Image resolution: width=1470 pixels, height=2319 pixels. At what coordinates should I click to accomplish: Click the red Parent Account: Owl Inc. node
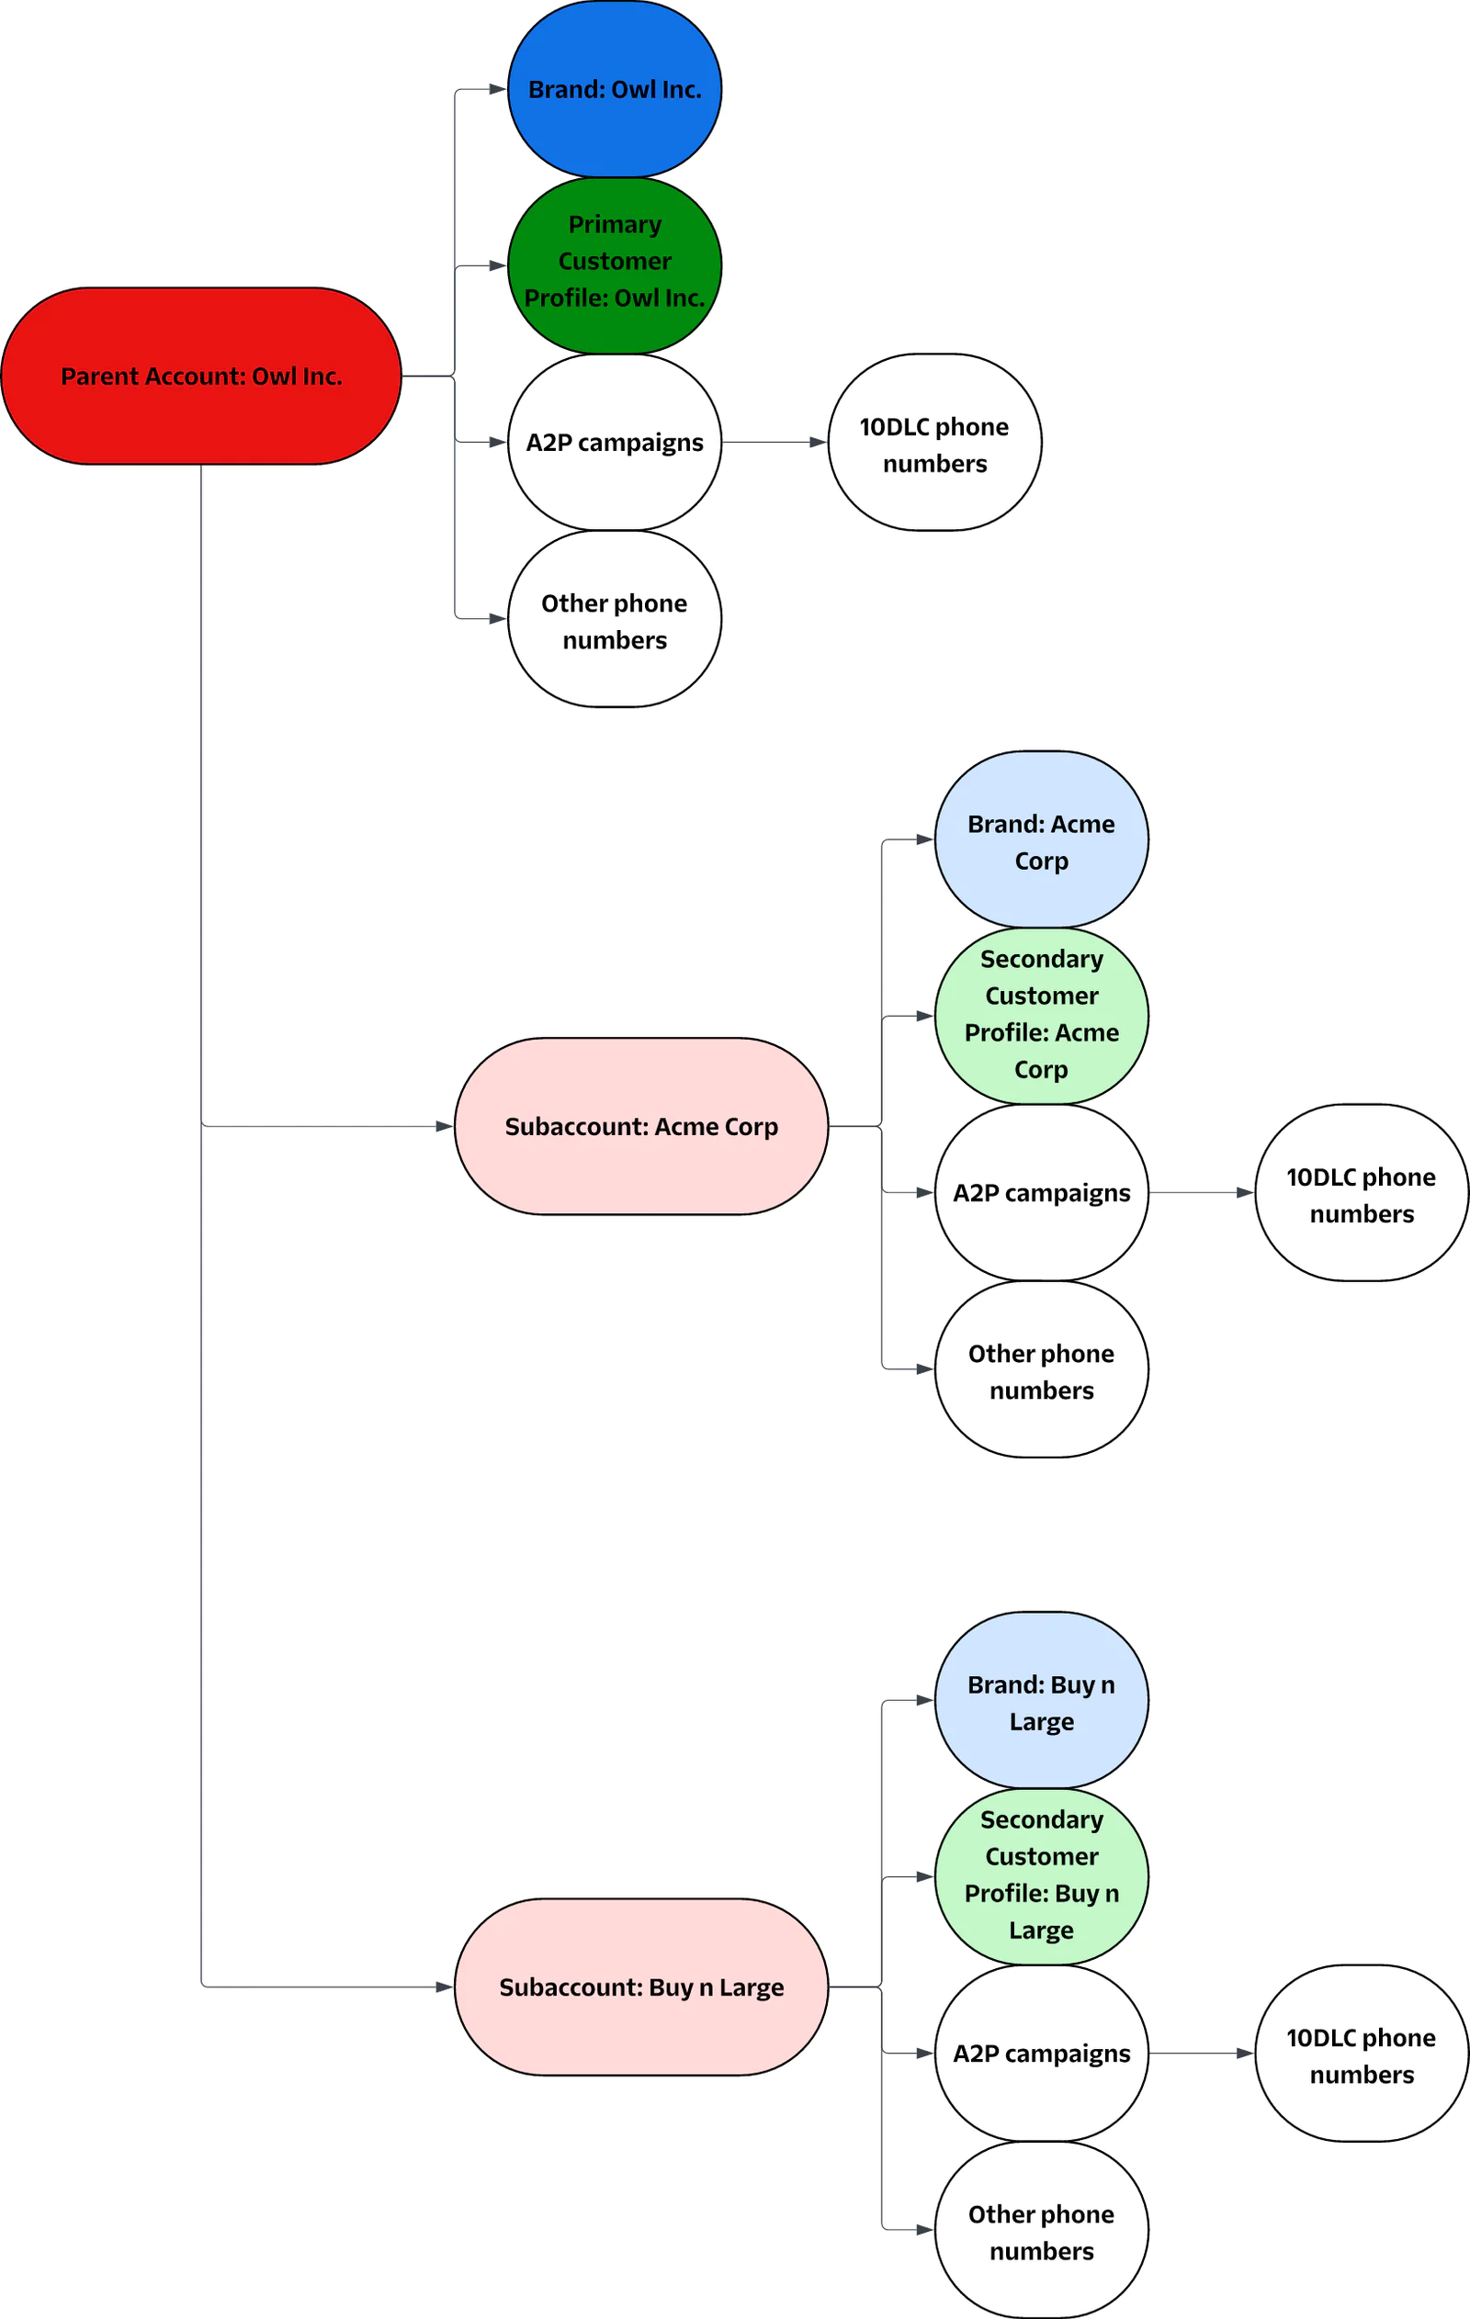pos(200,376)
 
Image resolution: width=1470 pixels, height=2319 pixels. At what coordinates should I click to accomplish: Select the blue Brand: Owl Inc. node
pos(615,88)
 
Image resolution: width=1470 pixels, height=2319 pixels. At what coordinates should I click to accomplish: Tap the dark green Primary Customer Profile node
pos(615,265)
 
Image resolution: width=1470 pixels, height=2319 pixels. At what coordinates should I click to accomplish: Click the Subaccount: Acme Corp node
pos(640,1126)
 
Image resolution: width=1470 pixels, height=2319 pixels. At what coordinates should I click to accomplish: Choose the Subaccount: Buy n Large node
pos(640,1987)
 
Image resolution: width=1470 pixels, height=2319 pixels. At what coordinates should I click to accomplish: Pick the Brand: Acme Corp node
pos(1041,839)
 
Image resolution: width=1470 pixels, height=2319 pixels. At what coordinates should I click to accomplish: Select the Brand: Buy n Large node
pos(1041,1701)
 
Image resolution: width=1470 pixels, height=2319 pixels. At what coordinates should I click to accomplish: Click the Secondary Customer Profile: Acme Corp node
pos(1041,1015)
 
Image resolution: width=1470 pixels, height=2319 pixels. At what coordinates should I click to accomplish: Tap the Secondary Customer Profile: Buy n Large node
pos(1041,1876)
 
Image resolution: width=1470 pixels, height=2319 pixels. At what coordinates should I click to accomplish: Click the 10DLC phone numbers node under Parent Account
pos(934,442)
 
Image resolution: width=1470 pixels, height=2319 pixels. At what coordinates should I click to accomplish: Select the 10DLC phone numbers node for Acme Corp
pos(1362,1192)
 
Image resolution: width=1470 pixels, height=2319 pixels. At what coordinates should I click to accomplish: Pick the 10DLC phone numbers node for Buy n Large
pos(1362,2054)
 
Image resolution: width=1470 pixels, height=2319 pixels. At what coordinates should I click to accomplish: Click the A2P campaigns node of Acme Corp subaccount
pos(1041,1192)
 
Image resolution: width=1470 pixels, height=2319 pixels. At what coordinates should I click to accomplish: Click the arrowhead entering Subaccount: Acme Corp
pos(444,1126)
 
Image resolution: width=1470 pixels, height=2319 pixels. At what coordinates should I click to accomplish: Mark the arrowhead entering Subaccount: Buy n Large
pos(444,1987)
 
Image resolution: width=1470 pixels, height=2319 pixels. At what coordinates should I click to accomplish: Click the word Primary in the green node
pos(615,224)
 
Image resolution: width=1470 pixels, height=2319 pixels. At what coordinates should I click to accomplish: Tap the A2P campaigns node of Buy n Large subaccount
pos(1041,2054)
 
